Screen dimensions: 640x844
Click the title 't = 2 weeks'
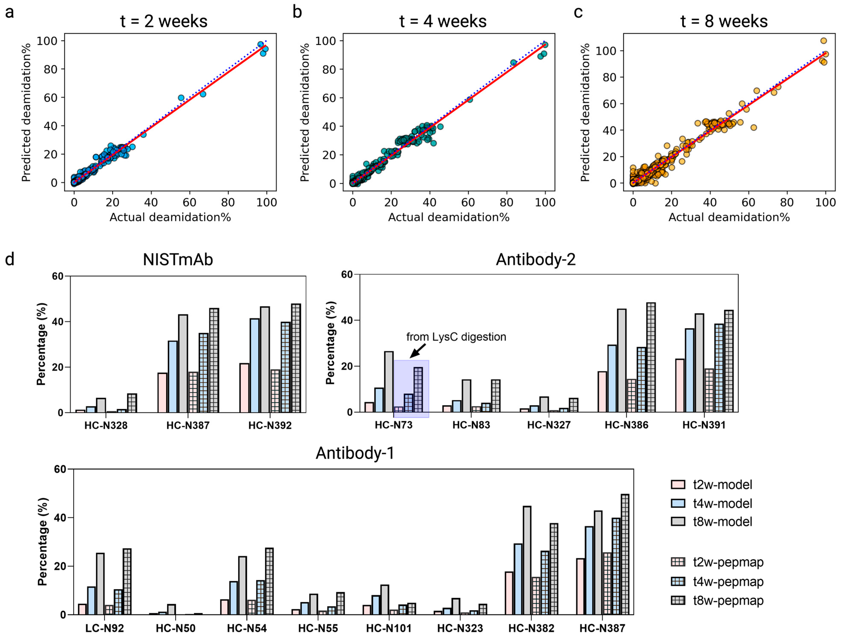click(164, 21)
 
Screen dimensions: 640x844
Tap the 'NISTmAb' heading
click(178, 260)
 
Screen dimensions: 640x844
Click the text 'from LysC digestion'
click(456, 337)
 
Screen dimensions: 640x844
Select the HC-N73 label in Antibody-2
click(393, 425)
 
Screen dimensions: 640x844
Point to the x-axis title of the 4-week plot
click(449, 217)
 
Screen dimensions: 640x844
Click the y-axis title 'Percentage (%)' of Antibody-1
click(43, 542)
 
